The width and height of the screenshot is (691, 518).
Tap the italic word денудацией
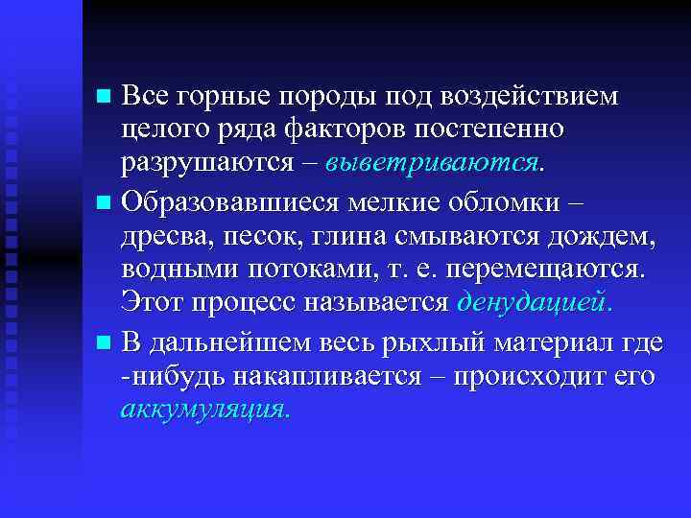click(x=535, y=302)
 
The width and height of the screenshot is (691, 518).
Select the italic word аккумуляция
click(x=205, y=410)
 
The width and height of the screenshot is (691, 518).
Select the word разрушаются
click(x=206, y=163)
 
